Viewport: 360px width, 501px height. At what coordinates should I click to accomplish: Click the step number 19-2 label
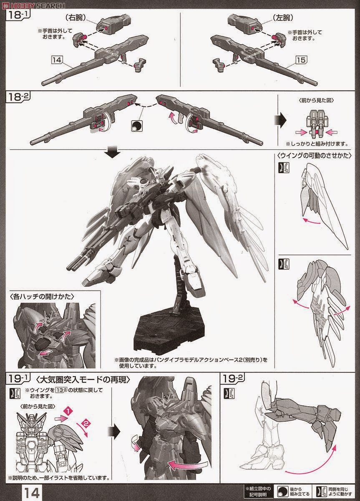click(x=232, y=379)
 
